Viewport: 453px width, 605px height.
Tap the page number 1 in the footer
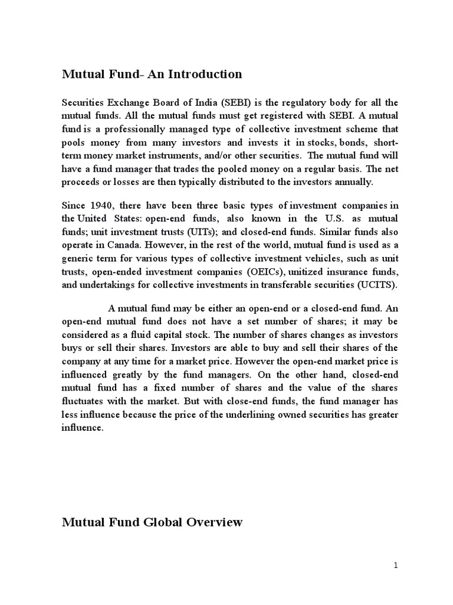click(396, 565)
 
